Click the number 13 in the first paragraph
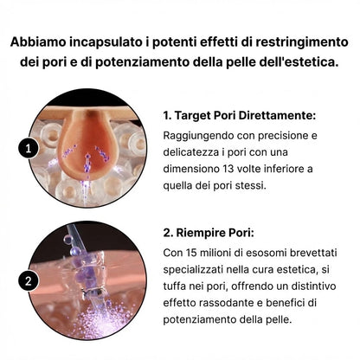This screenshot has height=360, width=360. tap(244, 170)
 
